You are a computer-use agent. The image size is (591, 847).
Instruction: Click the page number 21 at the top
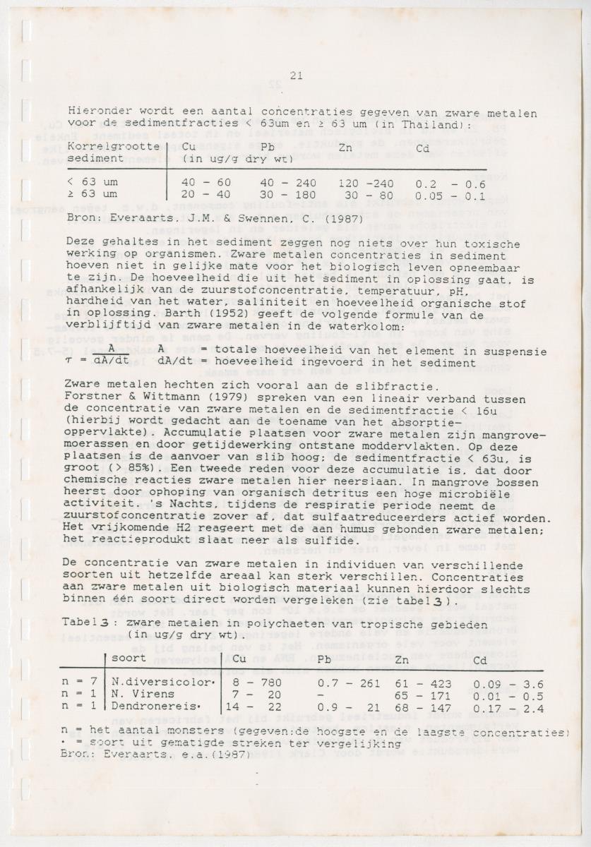click(x=296, y=77)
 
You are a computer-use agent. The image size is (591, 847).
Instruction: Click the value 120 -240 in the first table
click(x=365, y=182)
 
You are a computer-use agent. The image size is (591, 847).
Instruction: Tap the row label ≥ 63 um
click(x=92, y=193)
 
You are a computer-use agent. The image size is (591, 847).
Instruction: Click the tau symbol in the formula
click(x=71, y=363)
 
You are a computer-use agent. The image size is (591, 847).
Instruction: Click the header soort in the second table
click(x=129, y=659)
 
